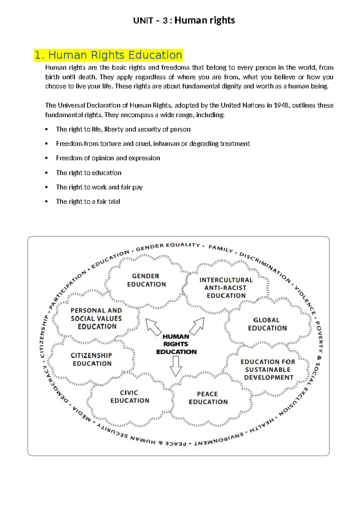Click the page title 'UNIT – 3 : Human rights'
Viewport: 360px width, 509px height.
pos(184,20)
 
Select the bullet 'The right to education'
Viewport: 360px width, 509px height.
pos(88,173)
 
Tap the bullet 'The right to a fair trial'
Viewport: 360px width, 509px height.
pos(88,202)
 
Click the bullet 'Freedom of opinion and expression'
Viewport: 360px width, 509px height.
pos(108,158)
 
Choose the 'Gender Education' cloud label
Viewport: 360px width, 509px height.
pos(146,280)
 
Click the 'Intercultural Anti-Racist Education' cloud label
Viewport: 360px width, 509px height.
pos(226,288)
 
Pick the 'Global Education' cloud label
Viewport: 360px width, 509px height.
pos(267,324)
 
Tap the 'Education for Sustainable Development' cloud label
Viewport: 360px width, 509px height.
pos(268,370)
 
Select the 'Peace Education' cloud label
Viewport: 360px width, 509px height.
pos(208,398)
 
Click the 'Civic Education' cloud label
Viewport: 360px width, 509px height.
pos(130,397)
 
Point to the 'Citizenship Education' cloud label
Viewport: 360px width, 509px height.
pos(92,360)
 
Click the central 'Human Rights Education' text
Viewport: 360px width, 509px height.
pos(176,344)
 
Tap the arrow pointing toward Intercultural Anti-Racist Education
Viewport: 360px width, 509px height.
pos(197,326)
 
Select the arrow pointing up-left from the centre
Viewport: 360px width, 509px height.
pos(153,327)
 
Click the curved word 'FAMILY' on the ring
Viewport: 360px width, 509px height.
pos(221,248)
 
